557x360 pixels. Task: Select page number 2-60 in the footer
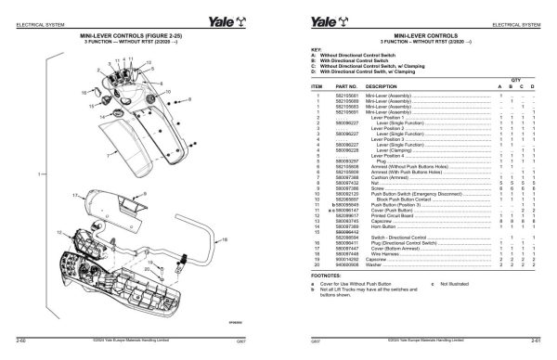click(x=20, y=342)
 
